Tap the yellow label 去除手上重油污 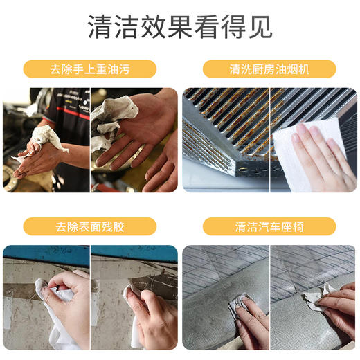(90, 69)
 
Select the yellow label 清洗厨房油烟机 (269, 69)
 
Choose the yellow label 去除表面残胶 (90, 226)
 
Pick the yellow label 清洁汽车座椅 (269, 226)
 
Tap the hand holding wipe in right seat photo (339, 308)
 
